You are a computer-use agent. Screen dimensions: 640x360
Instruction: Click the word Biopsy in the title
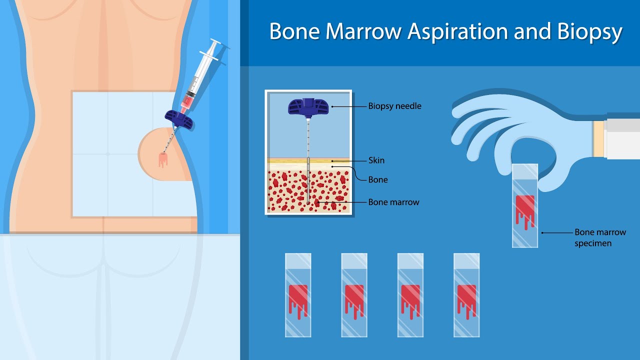[x=589, y=32]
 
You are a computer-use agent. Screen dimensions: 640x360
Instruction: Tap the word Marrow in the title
[x=363, y=31]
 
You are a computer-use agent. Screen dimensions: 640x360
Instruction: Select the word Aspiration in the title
[x=457, y=32]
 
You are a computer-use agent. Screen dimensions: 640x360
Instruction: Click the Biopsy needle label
[x=394, y=106]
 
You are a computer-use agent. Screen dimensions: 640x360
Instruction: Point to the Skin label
[x=376, y=160]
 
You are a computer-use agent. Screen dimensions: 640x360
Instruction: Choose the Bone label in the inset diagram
[x=377, y=179]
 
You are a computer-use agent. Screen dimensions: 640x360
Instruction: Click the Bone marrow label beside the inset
[x=393, y=202]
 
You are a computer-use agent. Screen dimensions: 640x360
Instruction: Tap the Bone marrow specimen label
[x=600, y=237]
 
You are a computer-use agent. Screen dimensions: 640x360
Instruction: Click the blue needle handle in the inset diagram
[x=308, y=107]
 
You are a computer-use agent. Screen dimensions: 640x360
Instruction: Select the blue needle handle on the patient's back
[x=179, y=119]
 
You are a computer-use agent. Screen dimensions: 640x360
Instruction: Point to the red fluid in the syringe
[x=186, y=102]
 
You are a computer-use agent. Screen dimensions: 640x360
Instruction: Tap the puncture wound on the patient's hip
[x=163, y=159]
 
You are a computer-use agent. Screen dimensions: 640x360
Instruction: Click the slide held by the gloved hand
[x=525, y=205]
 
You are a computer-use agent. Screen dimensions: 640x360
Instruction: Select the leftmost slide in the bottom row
[x=298, y=295]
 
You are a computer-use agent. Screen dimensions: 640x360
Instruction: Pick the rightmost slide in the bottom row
[x=466, y=295]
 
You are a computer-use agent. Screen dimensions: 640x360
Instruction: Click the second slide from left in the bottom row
[x=354, y=295]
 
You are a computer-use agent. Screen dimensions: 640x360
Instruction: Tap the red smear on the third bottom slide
[x=410, y=300]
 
